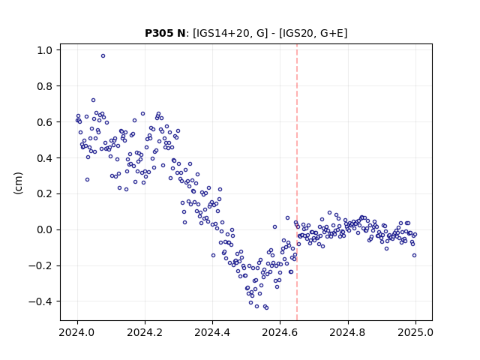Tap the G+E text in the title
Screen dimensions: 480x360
tap(331, 33)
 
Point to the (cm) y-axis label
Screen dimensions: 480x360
tap(18, 183)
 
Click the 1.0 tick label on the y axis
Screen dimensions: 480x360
tap(45, 50)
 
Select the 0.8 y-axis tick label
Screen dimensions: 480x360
tap(45, 86)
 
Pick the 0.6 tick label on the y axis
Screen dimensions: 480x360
tap(45, 122)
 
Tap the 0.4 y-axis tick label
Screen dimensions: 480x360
tap(45, 158)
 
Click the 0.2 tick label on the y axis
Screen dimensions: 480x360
tap(45, 194)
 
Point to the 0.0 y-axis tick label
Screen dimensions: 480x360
tap(45, 230)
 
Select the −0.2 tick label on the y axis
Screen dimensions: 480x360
tap(40, 266)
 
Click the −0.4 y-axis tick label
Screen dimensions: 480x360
tap(40, 301)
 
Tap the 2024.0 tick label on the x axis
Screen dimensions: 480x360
tap(77, 332)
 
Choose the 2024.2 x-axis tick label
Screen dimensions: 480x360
tap(145, 332)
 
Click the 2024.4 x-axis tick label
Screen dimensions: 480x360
tap(212, 332)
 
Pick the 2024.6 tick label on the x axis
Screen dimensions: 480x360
tap(280, 332)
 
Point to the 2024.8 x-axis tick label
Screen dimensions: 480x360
tap(347, 332)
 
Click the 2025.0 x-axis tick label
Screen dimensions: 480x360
tap(415, 332)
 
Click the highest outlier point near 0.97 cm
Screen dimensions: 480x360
tap(103, 56)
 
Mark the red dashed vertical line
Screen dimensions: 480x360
tap(297, 182)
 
